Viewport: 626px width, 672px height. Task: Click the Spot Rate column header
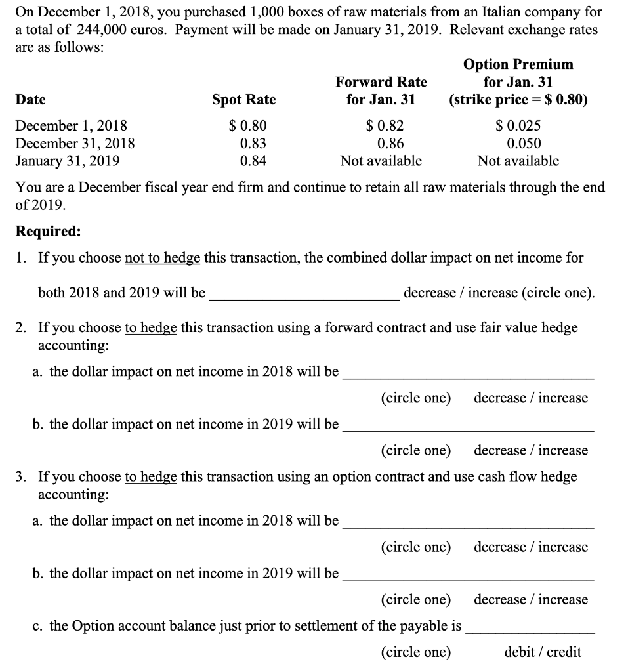pos(243,100)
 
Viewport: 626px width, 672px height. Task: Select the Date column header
pos(30,100)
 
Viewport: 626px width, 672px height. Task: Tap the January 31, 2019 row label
pos(67,161)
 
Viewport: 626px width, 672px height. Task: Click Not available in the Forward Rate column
pos(381,161)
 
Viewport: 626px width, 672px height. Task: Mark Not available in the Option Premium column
pos(518,161)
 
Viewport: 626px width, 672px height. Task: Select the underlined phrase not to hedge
pos(162,258)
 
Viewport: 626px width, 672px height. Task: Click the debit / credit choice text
pos(543,652)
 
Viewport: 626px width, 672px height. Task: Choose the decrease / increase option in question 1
pos(499,293)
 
